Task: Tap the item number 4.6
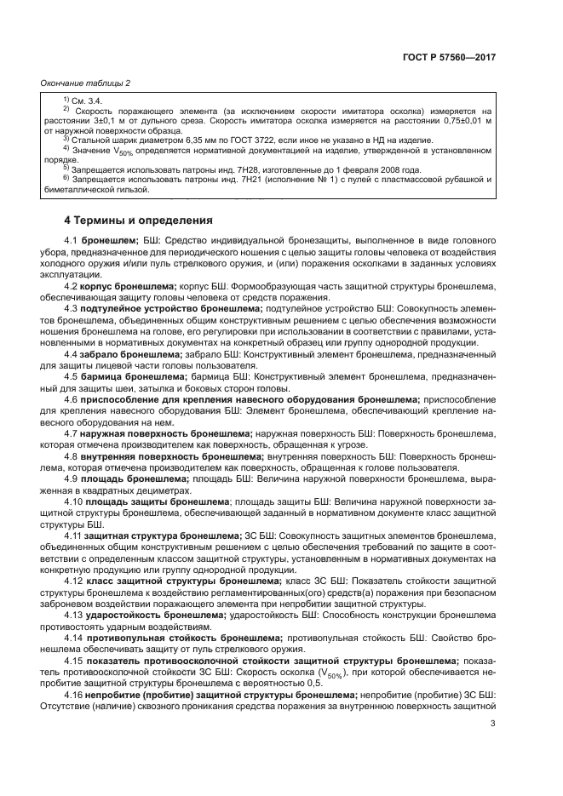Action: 72,422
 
